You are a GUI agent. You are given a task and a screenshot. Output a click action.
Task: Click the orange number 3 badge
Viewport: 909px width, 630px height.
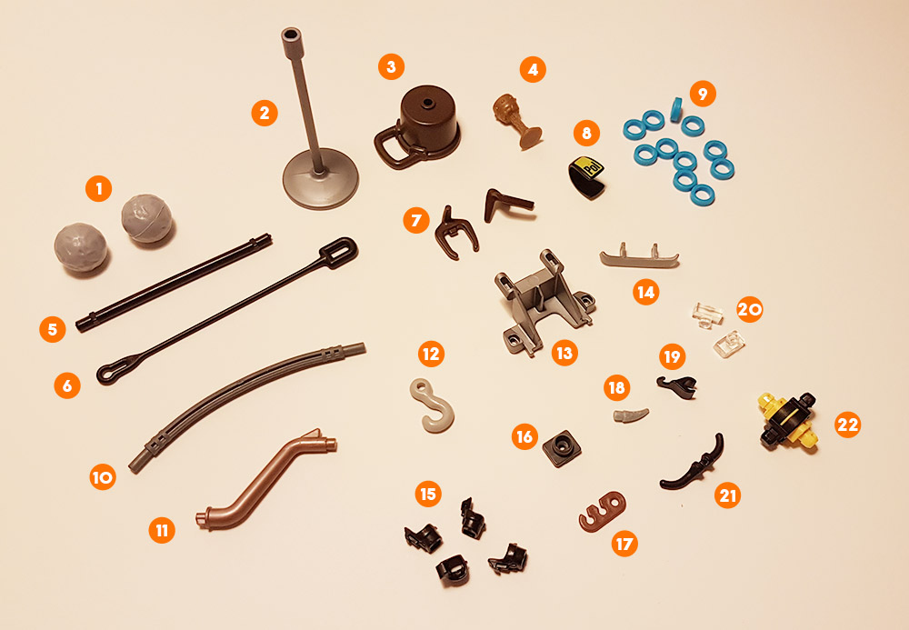pos(391,66)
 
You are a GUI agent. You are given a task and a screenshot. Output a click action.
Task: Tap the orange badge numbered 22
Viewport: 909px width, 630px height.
pos(847,425)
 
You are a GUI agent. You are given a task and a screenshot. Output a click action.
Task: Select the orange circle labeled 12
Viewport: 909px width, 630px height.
pos(431,354)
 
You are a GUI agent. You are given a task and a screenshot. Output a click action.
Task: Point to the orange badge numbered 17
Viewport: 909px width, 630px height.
pos(624,544)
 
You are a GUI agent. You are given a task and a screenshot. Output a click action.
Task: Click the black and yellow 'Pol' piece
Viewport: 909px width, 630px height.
pos(586,176)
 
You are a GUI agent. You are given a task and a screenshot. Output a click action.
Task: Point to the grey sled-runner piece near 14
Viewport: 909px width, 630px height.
pos(639,258)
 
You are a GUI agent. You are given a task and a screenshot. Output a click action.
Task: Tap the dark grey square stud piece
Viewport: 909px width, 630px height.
pos(562,448)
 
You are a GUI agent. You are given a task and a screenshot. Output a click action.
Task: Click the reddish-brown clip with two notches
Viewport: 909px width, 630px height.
pos(603,511)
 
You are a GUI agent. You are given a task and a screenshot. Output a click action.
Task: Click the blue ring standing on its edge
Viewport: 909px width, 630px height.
pos(676,110)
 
